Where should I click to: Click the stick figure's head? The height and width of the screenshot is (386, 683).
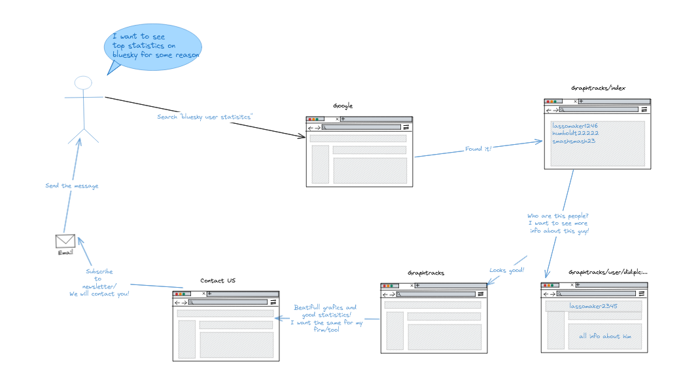[82, 83]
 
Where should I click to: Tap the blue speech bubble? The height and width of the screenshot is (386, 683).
[153, 48]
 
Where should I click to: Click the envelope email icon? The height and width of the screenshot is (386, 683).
[65, 241]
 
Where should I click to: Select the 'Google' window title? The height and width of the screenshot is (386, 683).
[343, 106]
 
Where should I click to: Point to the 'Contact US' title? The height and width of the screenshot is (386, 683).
[218, 281]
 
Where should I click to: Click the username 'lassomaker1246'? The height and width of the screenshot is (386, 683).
[575, 126]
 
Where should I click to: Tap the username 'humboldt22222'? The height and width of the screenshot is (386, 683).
[575, 133]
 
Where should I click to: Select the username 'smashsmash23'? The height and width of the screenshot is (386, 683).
[574, 141]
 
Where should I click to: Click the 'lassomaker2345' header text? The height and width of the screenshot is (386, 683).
[593, 306]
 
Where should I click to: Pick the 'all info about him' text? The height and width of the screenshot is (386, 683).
[604, 337]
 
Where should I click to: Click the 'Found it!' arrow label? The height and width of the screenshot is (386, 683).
[478, 149]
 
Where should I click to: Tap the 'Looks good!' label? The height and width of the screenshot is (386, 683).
[507, 270]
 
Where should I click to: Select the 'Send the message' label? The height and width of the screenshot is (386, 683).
[72, 185]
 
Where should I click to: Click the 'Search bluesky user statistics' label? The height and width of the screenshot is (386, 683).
[205, 117]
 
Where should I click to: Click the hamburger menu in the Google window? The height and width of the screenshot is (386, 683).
[406, 128]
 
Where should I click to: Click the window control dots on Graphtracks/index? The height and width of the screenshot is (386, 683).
[553, 102]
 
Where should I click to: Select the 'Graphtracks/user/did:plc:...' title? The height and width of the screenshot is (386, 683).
[608, 272]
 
